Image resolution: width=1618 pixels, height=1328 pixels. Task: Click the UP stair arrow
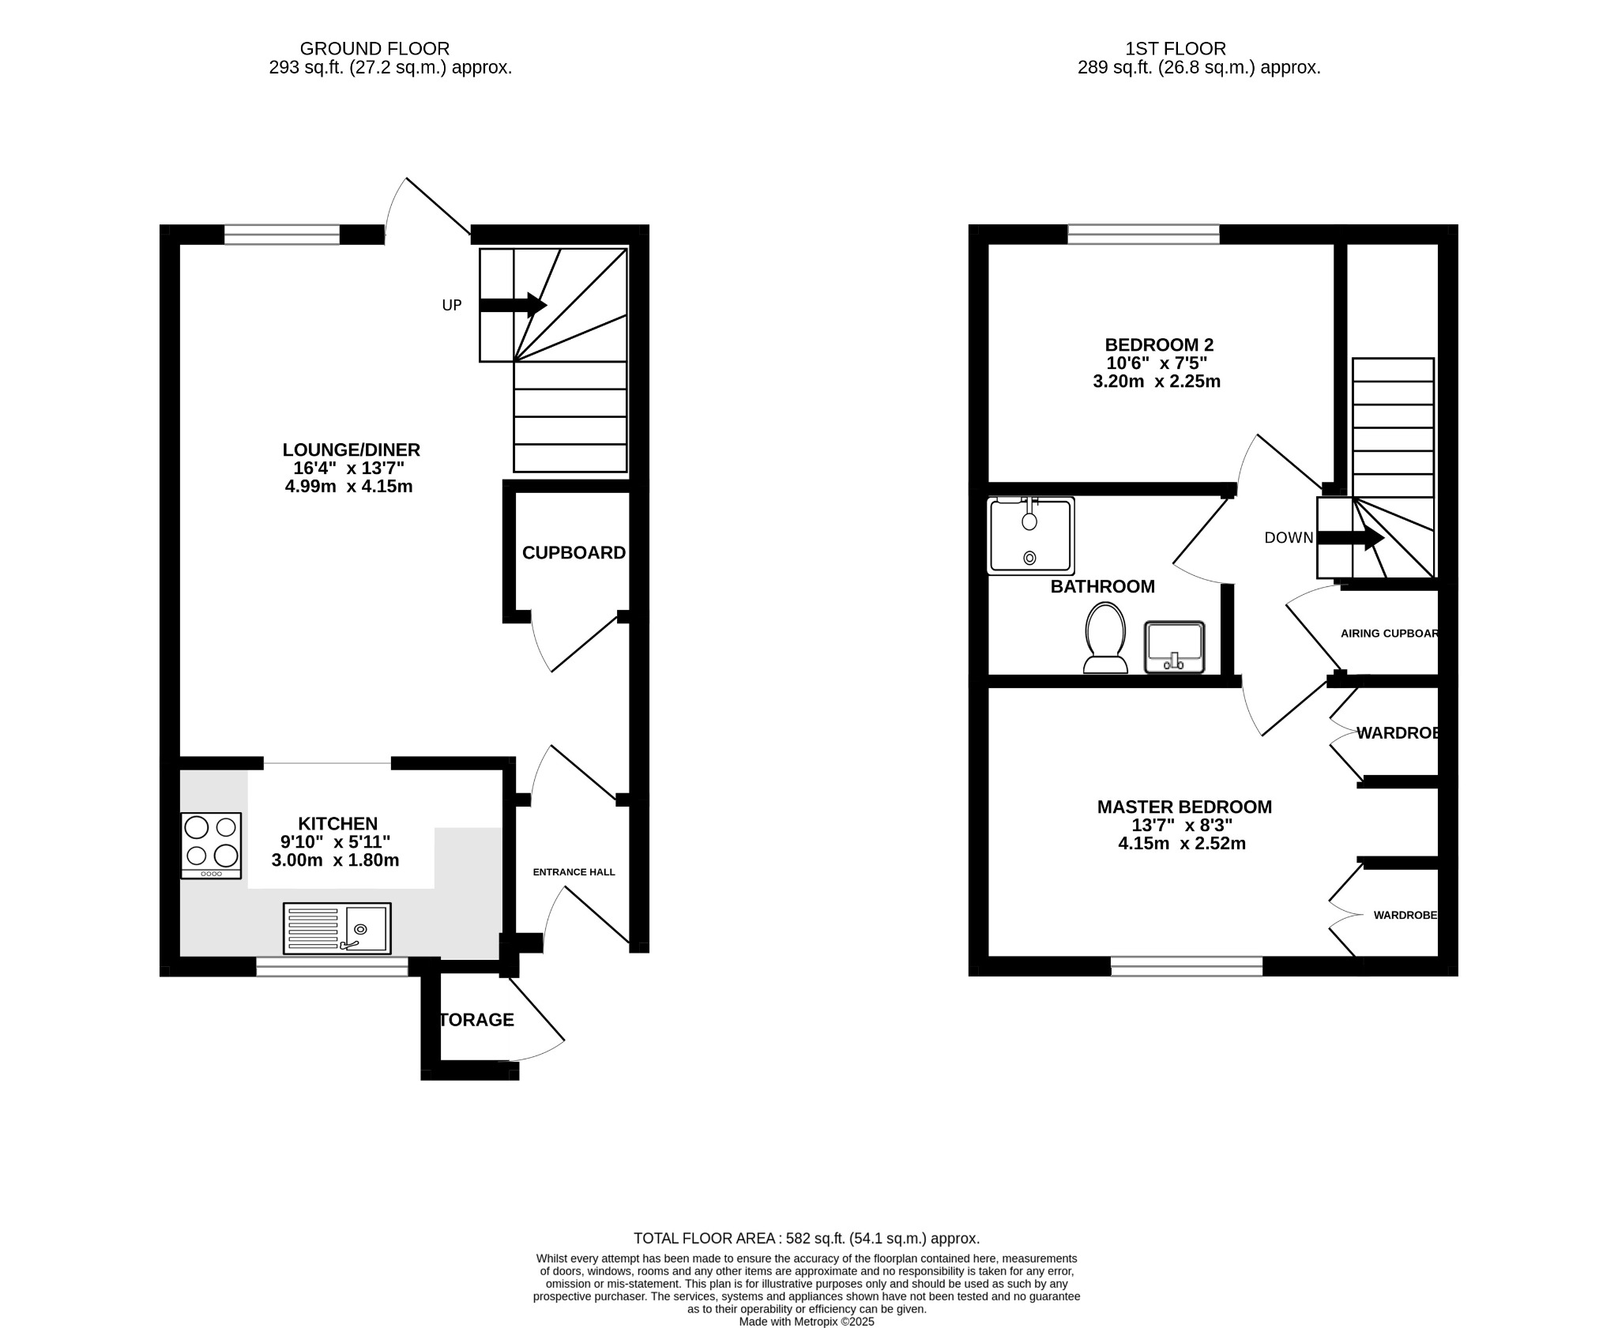click(x=513, y=305)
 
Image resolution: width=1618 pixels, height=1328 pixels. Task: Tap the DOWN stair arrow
click(x=1350, y=539)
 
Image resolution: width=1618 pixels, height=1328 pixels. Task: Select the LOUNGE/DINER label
click(x=351, y=450)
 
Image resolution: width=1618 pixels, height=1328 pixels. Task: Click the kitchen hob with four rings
click(x=211, y=845)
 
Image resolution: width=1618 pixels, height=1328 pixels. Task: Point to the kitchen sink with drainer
click(x=337, y=928)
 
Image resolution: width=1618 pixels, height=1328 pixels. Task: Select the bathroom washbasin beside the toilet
click(x=1174, y=647)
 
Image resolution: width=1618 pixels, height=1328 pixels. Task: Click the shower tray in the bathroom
click(x=1030, y=536)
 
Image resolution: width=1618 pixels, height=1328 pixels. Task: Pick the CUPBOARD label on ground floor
click(x=574, y=553)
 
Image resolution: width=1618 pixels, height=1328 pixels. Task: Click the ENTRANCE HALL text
click(x=574, y=872)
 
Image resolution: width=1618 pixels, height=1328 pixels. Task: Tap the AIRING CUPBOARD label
click(x=1388, y=634)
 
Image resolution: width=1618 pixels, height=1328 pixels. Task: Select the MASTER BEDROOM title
click(x=1184, y=807)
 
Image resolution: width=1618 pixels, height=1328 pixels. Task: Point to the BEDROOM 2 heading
click(x=1158, y=344)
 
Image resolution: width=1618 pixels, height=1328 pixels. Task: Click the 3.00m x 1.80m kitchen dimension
click(x=335, y=860)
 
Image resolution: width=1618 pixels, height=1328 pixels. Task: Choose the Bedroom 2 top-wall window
click(x=1142, y=234)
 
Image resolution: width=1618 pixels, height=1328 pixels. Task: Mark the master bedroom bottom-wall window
click(x=1186, y=965)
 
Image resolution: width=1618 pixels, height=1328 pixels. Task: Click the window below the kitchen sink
click(x=332, y=966)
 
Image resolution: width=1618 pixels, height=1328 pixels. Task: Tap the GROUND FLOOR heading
click(x=374, y=49)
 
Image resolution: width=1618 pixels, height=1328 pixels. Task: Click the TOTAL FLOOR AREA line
click(x=806, y=1238)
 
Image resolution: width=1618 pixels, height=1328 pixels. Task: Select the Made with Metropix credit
click(x=806, y=1321)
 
